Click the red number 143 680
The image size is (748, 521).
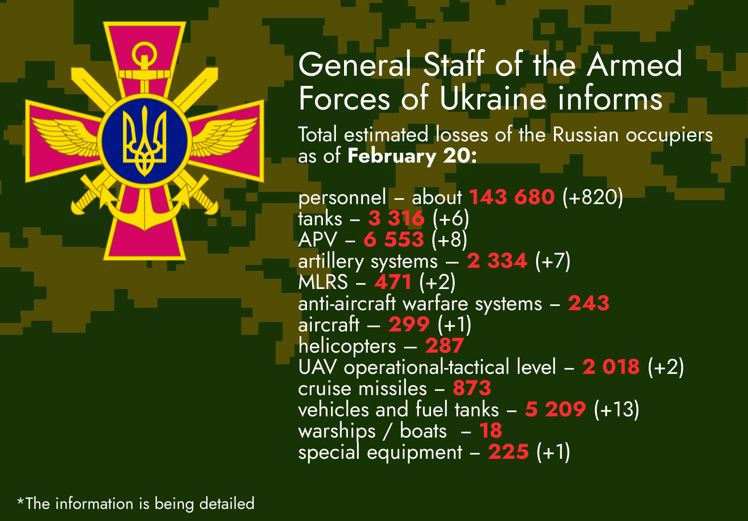click(x=512, y=197)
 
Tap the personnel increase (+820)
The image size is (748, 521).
click(x=593, y=197)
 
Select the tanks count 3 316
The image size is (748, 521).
click(x=396, y=218)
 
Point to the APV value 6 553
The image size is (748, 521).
click(x=394, y=239)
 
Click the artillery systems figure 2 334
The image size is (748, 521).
click(x=497, y=260)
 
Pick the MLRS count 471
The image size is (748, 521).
click(x=393, y=282)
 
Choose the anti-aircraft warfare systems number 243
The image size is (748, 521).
click(x=589, y=303)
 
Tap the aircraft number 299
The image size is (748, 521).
click(x=409, y=324)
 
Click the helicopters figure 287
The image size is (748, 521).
click(x=444, y=345)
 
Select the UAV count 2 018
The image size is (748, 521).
click(x=611, y=367)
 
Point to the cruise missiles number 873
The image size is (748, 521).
click(x=472, y=388)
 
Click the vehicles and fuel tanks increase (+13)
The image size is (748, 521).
click(x=616, y=410)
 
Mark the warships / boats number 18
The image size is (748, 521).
click(x=491, y=431)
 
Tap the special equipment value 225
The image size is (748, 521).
click(x=508, y=452)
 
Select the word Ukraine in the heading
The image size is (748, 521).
click(x=493, y=99)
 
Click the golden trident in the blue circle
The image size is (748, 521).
click(x=145, y=141)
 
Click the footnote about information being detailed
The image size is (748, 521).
click(x=136, y=503)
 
